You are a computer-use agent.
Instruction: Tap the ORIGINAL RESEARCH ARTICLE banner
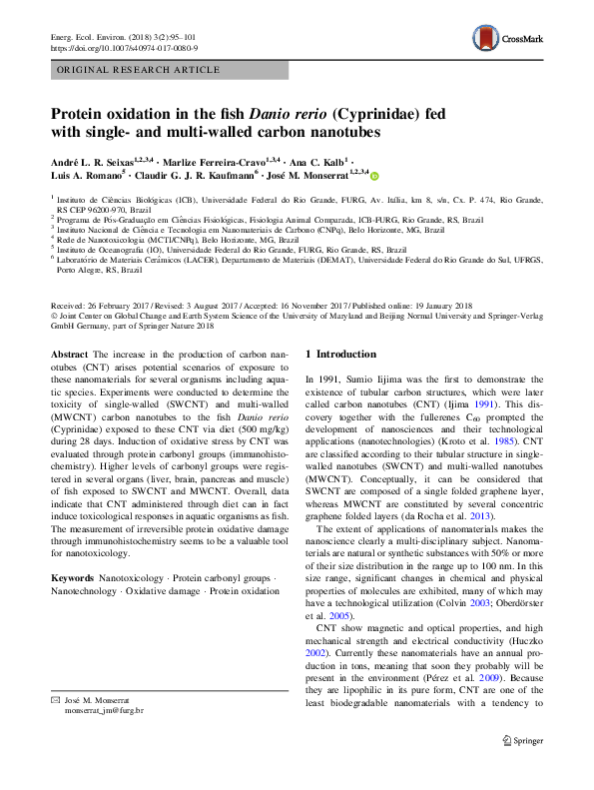point(139,70)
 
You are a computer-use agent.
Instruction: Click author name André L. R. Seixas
point(96,160)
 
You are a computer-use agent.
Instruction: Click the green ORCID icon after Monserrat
point(375,175)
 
